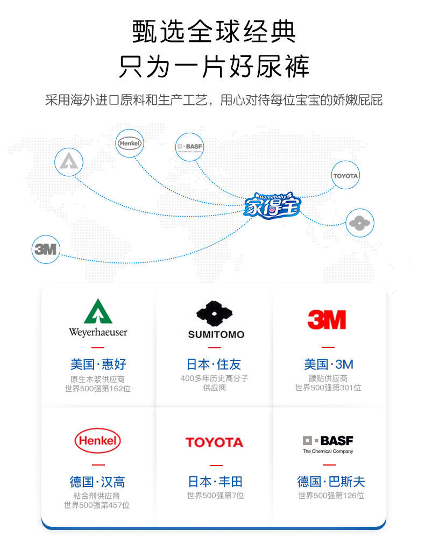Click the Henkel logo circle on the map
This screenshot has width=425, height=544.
[x=129, y=143]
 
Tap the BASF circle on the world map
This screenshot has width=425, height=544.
[x=190, y=147]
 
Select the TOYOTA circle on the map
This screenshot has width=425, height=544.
[x=345, y=175]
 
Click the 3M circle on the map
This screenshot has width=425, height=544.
[x=46, y=249]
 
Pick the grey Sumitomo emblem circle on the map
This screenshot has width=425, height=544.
[x=359, y=223]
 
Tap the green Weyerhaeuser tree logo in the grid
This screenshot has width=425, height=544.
[x=98, y=312]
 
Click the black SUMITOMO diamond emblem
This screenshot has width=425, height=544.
[x=215, y=314]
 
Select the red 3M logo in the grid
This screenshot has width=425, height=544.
[x=327, y=319]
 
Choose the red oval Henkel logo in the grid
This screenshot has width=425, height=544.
[x=97, y=441]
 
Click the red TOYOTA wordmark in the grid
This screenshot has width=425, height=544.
[x=214, y=442]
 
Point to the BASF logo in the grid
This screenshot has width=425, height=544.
[x=328, y=443]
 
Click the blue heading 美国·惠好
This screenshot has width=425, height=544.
[x=98, y=364]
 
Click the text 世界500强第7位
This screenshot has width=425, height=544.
[x=215, y=496]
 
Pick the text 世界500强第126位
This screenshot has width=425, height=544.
[x=331, y=496]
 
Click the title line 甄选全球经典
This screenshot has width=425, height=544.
[x=214, y=32]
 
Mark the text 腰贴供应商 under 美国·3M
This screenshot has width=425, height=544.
[x=328, y=378]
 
